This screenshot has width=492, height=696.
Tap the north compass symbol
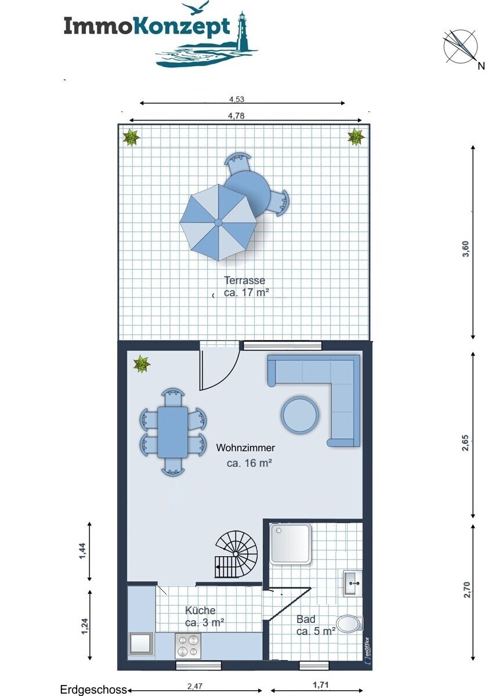tap(461, 46)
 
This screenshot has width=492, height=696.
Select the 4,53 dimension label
tap(237, 99)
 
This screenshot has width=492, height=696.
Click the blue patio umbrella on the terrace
tap(218, 222)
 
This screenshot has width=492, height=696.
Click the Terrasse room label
tap(245, 280)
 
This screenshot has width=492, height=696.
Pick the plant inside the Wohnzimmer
tap(142, 364)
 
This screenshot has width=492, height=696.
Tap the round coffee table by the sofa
tap(299, 415)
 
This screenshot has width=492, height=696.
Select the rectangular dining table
tap(172, 432)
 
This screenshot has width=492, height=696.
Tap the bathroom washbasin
tap(353, 583)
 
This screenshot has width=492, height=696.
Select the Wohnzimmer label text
tap(245, 448)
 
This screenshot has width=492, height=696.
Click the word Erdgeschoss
tap(93, 690)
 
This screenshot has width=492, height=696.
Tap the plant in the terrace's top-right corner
tap(356, 137)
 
